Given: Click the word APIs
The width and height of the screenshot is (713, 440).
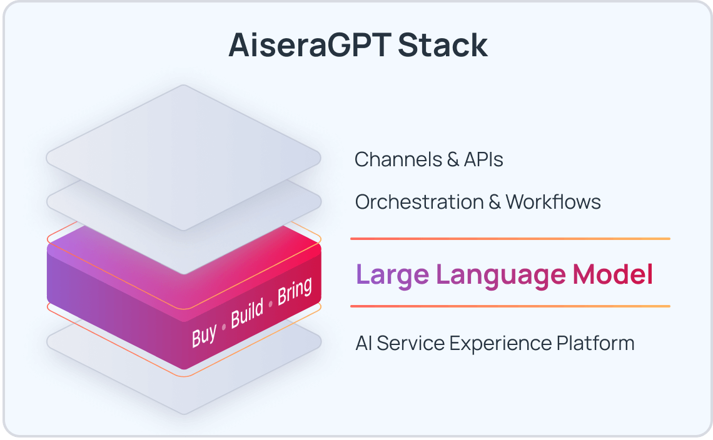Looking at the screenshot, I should (x=483, y=159).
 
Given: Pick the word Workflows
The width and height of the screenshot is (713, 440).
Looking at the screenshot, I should (x=553, y=202).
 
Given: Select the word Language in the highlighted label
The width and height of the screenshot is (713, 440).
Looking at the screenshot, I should (x=500, y=275).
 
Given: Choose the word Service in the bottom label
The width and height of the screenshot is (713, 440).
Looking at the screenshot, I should (x=412, y=343).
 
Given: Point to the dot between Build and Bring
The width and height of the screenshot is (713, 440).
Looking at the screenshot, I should (x=270, y=302).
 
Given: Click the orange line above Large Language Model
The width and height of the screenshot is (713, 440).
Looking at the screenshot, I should (x=510, y=239).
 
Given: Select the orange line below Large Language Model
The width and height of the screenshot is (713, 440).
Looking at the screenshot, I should (x=510, y=306).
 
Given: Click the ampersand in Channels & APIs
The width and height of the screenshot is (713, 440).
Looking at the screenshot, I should (x=453, y=159).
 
